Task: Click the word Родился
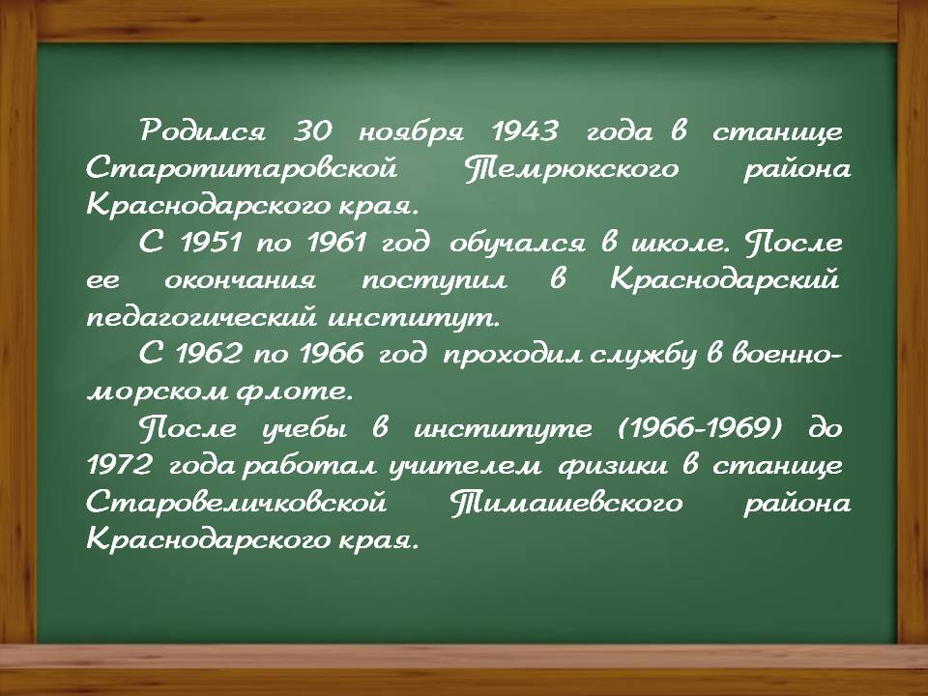tap(202, 130)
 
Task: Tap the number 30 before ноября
tap(313, 130)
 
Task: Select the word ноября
tap(411, 131)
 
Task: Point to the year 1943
tap(525, 130)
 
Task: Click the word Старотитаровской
tap(242, 169)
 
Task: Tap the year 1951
tap(211, 243)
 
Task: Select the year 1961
tap(336, 243)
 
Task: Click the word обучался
tap(517, 243)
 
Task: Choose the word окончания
tap(240, 280)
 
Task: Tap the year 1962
tap(210, 354)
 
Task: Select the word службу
tap(643, 355)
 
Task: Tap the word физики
tap(613, 466)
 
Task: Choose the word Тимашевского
tap(566, 503)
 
